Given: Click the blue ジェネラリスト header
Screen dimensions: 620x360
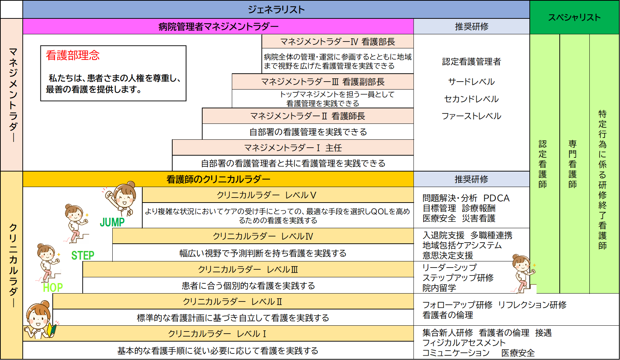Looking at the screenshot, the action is (276, 9).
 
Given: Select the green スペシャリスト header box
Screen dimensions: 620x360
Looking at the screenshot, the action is (575, 17).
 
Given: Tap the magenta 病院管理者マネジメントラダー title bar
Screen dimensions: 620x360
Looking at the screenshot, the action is (218, 26).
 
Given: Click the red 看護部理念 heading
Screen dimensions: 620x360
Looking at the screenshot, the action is (73, 55).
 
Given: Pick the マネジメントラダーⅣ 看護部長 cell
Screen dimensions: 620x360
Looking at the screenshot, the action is (338, 42).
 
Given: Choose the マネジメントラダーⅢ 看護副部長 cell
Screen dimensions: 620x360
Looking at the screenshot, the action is (322, 82).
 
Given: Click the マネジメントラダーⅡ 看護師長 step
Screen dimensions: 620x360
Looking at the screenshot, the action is (308, 116).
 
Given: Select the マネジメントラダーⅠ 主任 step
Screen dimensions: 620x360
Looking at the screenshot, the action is (293, 148).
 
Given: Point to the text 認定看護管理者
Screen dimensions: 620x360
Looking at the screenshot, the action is (472, 62).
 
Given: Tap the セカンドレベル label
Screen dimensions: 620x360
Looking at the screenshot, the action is (472, 99).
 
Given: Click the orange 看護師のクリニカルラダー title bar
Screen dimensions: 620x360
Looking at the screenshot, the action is (218, 179).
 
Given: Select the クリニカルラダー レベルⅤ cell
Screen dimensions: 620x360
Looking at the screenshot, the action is (278, 195).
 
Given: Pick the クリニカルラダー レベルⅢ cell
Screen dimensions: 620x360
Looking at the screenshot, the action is (248, 269).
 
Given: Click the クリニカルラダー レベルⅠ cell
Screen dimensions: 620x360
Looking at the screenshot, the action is (218, 334).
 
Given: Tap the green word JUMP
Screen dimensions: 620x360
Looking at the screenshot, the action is (112, 222).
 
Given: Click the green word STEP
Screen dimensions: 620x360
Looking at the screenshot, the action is (83, 256).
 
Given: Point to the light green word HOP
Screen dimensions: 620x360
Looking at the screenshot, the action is (53, 287).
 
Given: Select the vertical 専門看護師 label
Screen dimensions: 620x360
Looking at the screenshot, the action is (573, 164).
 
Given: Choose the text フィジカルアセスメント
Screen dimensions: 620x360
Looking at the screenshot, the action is (464, 343).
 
